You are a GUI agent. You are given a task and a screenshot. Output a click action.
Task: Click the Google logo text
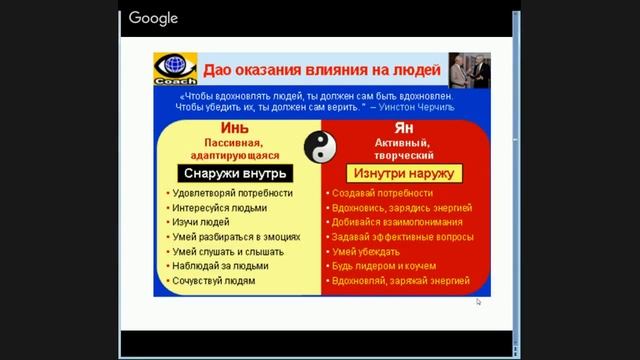point(153,18)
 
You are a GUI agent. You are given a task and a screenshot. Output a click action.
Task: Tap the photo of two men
point(468,72)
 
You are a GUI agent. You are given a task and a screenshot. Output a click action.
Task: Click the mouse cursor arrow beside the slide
point(478,301)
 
